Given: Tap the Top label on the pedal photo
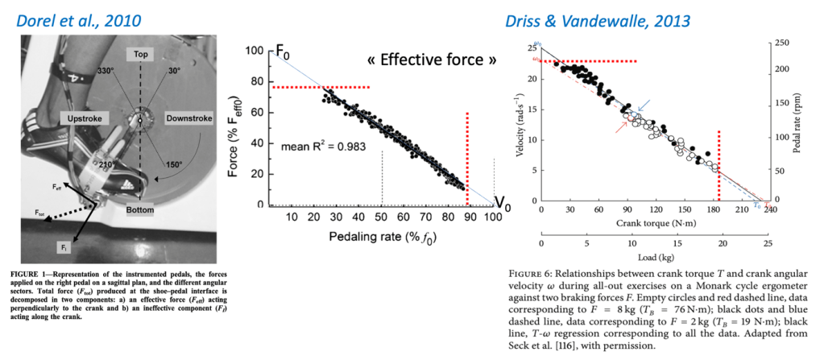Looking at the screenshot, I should pyautogui.click(x=140, y=54).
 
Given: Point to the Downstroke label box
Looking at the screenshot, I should pyautogui.click(x=188, y=118).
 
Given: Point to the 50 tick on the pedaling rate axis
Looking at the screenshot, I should pyautogui.click(x=382, y=217).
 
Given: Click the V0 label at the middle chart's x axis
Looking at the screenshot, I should pyautogui.click(x=500, y=204).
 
